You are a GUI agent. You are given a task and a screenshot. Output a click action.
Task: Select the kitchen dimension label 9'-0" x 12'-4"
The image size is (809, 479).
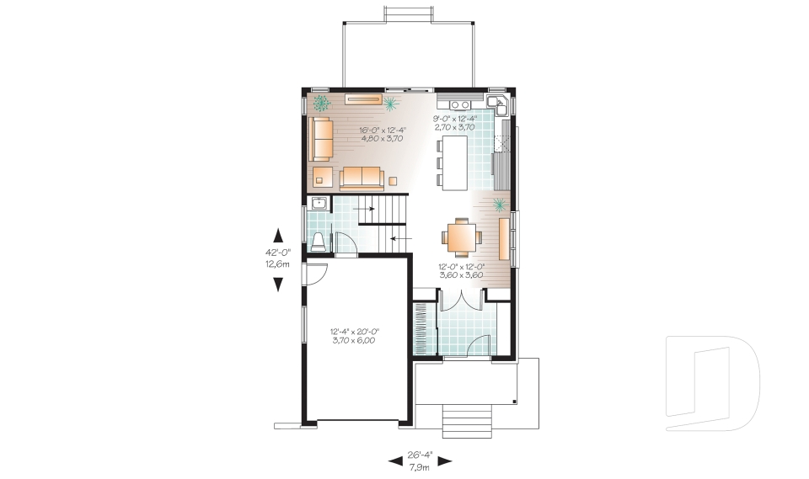tap(454, 118)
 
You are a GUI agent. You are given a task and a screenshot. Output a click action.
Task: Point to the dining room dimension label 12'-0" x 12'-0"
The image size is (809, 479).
tap(461, 267)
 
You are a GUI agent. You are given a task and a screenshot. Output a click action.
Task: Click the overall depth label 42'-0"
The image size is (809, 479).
tap(278, 253)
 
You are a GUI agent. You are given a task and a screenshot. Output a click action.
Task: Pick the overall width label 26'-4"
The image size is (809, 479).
tap(420, 455)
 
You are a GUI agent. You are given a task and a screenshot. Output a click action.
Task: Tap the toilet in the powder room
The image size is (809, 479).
tap(318, 242)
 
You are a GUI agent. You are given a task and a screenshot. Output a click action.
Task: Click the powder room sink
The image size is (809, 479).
tap(319, 203)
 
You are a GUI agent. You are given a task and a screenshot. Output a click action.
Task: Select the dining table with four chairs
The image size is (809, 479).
tap(461, 237)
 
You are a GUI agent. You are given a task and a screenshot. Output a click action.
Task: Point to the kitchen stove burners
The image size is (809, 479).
tap(460, 105)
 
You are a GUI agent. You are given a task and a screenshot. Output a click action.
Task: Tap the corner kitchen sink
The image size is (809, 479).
tap(498, 104)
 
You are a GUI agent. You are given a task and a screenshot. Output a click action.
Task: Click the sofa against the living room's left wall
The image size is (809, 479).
tap(320, 139)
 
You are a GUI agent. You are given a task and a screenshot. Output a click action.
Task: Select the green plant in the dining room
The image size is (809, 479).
tap(499, 205)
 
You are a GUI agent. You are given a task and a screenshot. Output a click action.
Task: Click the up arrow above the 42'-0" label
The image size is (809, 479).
tap(278, 235)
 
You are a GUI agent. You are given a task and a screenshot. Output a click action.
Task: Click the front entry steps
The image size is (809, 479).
tap(467, 421)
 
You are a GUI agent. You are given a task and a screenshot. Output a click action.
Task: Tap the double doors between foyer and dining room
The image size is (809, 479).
tap(461, 300)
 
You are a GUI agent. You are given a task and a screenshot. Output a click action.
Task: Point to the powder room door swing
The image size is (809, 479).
tap(346, 242)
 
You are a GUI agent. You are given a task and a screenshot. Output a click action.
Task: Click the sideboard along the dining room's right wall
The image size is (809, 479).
tap(504, 239)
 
